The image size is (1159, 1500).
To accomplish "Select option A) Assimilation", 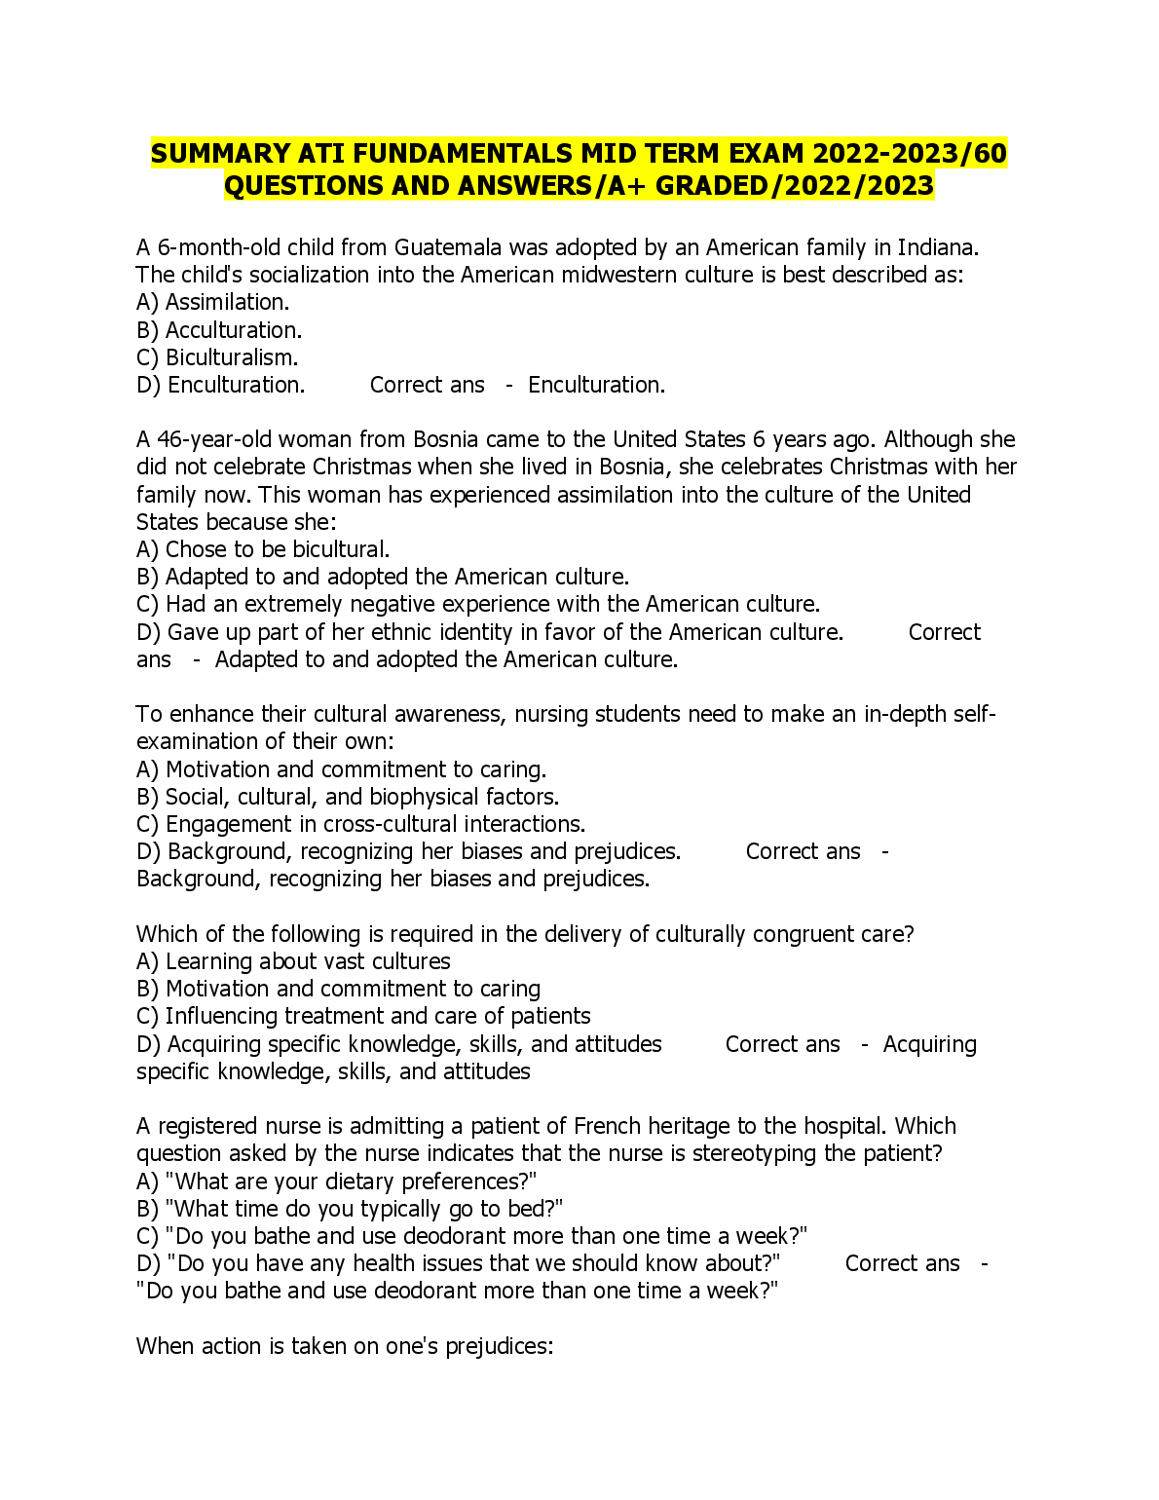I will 212,303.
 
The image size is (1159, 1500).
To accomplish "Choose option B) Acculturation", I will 219,330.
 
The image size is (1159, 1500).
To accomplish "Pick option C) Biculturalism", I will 217,357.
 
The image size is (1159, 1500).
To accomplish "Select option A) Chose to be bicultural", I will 263,549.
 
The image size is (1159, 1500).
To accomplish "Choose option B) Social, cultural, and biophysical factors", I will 348,797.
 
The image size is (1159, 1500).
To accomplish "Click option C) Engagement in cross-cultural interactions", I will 360,824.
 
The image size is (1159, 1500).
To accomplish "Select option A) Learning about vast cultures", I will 293,961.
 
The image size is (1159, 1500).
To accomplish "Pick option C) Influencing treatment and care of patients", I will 363,1016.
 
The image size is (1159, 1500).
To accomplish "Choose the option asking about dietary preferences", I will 337,1181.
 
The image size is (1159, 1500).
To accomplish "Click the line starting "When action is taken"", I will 345,1346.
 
